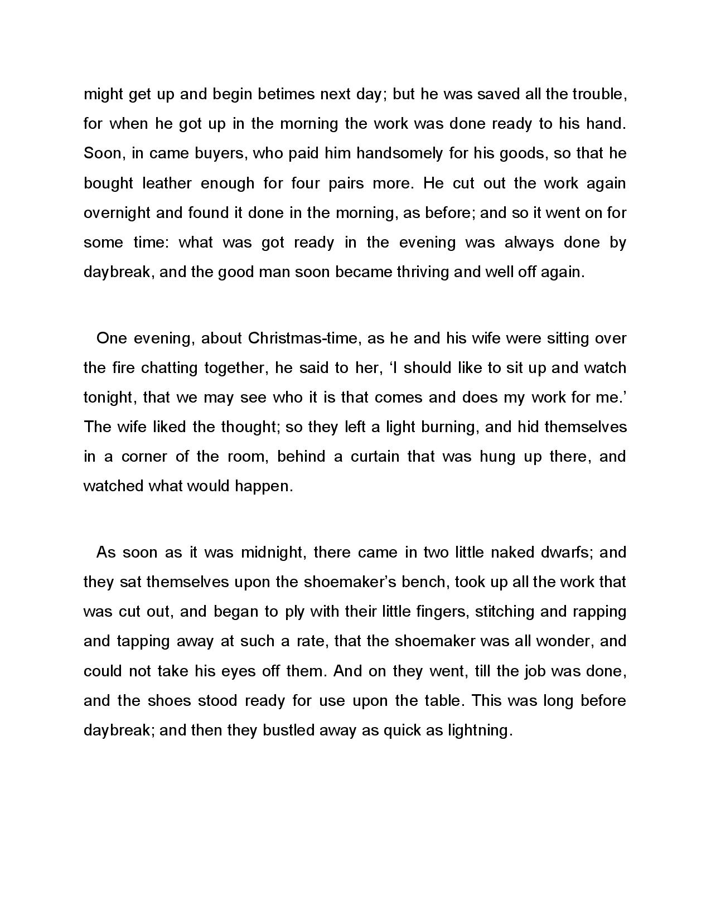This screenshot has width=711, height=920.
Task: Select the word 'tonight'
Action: click(108, 398)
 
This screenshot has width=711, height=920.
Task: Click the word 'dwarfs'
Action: click(567, 553)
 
